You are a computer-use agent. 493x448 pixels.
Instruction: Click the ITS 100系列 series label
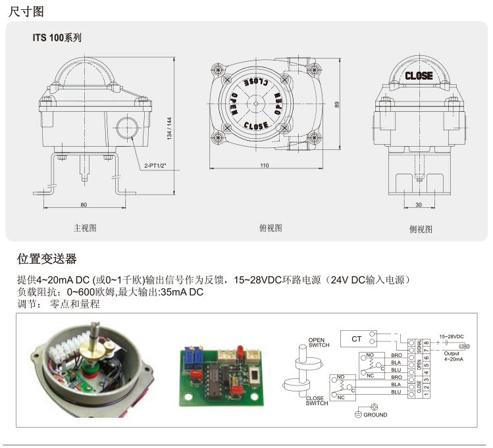coord(57,38)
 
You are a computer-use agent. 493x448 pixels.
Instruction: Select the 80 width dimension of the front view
coord(84,205)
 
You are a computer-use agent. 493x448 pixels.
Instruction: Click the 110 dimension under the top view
coord(265,166)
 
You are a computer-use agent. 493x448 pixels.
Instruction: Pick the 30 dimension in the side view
coord(419,205)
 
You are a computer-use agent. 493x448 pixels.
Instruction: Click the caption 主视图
coord(85,228)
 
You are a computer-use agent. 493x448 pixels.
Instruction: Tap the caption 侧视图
coord(421,229)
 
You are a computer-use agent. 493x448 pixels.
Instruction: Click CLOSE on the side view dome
coord(419,76)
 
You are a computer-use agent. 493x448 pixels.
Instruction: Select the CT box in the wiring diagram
coord(356,339)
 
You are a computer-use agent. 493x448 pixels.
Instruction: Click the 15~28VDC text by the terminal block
coord(452,336)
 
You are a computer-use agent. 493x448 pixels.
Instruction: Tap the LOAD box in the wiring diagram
coord(464,345)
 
